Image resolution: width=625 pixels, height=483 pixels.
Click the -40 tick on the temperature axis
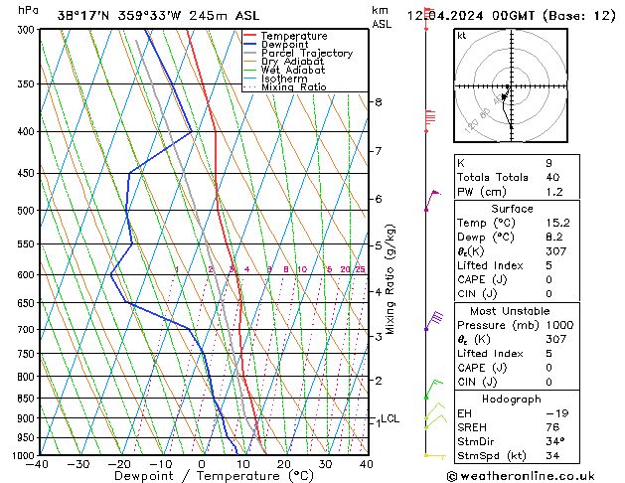coord(38,464)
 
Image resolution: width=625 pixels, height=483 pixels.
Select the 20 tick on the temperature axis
coord(283,464)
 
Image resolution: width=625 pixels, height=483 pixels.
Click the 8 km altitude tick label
coord(378,102)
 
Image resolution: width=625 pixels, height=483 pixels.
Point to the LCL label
coord(390,419)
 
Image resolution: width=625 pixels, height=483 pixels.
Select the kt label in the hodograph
coord(461,36)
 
